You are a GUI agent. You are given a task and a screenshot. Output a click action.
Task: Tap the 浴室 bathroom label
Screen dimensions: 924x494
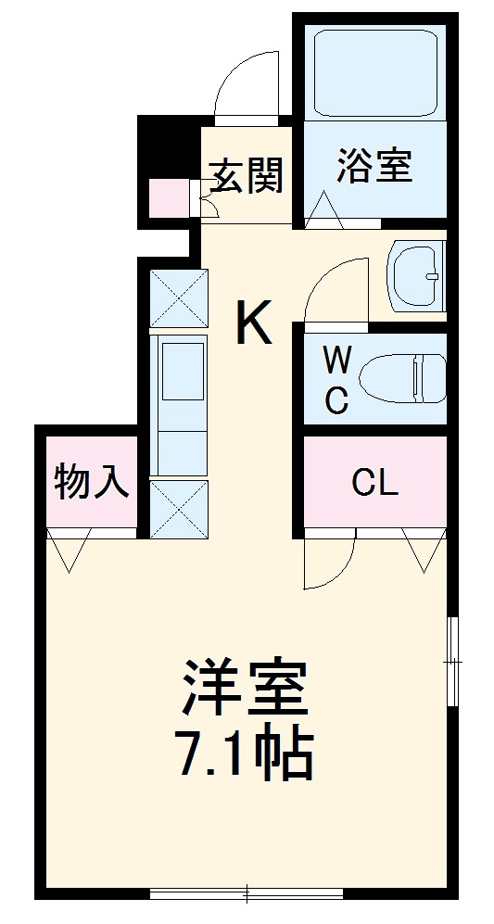pyautogui.click(x=374, y=167)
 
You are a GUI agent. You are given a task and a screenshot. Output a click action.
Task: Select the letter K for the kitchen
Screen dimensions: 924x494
pyautogui.click(x=252, y=324)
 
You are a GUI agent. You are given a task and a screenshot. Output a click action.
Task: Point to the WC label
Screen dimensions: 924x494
pyautogui.click(x=336, y=381)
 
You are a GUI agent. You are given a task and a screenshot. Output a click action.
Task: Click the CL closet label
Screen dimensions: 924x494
pyautogui.click(x=374, y=482)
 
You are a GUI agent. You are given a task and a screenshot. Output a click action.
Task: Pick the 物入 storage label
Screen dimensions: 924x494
pyautogui.click(x=91, y=483)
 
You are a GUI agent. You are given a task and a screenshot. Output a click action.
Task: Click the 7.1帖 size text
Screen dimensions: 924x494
pyautogui.click(x=244, y=756)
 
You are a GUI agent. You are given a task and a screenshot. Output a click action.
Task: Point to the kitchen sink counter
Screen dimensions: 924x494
pyautogui.click(x=180, y=404)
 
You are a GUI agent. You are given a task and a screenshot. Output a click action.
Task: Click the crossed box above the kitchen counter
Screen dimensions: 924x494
pyautogui.click(x=179, y=297)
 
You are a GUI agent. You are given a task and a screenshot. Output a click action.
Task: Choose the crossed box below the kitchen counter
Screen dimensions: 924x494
pyautogui.click(x=179, y=509)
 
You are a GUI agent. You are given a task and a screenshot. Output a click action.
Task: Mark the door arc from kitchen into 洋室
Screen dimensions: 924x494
pyautogui.click(x=328, y=562)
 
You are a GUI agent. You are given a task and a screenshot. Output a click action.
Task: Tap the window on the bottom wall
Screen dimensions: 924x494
pyautogui.click(x=247, y=892)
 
